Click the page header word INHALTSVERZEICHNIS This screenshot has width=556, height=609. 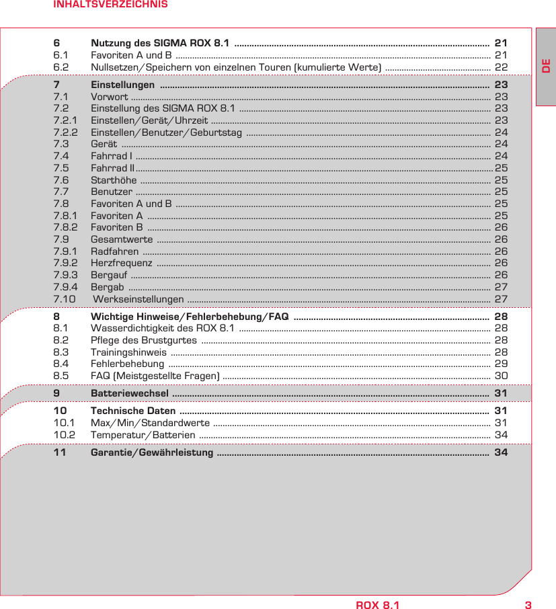pos(111,5)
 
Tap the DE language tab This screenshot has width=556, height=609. pos(546,67)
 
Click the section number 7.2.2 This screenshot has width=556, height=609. pos(65,132)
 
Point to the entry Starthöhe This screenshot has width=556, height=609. pos(114,180)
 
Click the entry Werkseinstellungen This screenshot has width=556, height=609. pos(138,298)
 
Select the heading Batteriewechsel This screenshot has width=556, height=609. pos(130,393)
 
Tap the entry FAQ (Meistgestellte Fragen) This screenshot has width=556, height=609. pos(154,375)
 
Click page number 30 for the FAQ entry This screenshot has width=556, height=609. pos(501,375)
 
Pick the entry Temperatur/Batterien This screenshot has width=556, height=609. pos(143,435)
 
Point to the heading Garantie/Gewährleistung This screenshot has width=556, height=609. pos(152,452)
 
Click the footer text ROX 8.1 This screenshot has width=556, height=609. pos(377,604)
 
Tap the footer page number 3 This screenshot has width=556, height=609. pos(528,604)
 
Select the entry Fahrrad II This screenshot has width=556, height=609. pos(112,168)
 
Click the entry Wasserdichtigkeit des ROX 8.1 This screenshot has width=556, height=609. pos(162,328)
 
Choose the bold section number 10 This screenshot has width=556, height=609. pos(60,411)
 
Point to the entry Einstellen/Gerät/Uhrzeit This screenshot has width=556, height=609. pos(149,120)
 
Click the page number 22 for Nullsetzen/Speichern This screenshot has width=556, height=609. pos(501,67)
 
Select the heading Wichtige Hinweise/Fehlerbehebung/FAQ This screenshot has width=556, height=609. pos(190,316)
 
